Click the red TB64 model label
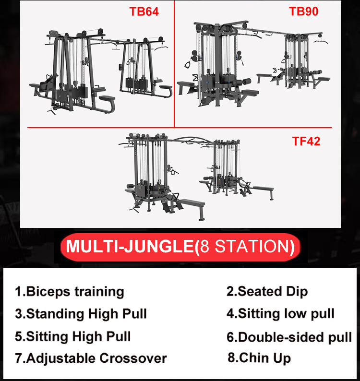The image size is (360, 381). (x=144, y=12)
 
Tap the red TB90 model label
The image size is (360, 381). (x=304, y=11)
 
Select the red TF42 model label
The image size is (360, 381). (x=306, y=141)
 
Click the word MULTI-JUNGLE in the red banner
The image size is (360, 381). (x=130, y=246)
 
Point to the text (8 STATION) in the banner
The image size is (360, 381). (x=244, y=247)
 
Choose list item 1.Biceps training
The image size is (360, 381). (x=70, y=292)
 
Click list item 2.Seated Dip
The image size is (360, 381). (x=267, y=291)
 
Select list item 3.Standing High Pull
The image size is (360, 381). (x=81, y=314)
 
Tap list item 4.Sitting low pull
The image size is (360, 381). (x=280, y=314)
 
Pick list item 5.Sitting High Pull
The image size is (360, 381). (x=73, y=336)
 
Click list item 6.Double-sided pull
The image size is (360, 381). (x=289, y=337)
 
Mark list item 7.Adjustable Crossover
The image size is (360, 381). (x=91, y=358)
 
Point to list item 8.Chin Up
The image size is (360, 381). (x=259, y=358)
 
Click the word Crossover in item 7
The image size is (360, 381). (x=133, y=358)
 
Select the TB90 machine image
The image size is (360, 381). (x=253, y=64)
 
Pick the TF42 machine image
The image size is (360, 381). (x=196, y=177)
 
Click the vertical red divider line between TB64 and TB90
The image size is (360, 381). (x=174, y=64)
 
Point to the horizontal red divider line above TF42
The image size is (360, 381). (x=180, y=127)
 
